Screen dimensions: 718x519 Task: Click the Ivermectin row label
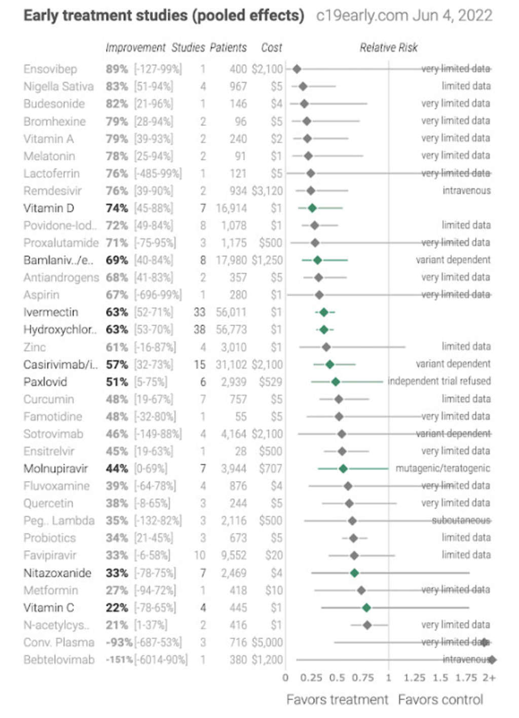tap(51, 312)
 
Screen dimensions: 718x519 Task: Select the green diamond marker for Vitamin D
tap(312, 208)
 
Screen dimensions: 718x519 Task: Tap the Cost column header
tap(271, 48)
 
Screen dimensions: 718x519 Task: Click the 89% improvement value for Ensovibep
tap(117, 69)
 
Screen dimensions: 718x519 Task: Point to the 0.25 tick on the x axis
tap(311, 678)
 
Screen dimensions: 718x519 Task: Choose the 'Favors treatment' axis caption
tap(337, 700)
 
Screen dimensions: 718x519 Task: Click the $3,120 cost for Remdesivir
tap(267, 191)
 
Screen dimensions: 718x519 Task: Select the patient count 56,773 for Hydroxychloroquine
tap(231, 330)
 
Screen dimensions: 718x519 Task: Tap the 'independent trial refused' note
tap(439, 381)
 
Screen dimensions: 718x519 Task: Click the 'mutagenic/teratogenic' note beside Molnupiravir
tap(442, 468)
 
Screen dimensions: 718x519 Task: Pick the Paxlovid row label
tap(45, 382)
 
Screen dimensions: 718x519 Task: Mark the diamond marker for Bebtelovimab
tap(492, 660)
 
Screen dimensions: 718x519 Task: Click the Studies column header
tap(188, 48)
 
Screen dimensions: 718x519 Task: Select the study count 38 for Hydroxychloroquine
tap(200, 330)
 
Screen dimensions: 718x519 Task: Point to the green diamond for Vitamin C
tap(366, 607)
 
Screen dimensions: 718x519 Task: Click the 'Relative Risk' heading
tap(388, 48)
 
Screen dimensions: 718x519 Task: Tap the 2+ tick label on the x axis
tap(489, 678)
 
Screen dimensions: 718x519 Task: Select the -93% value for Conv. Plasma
tap(119, 642)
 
